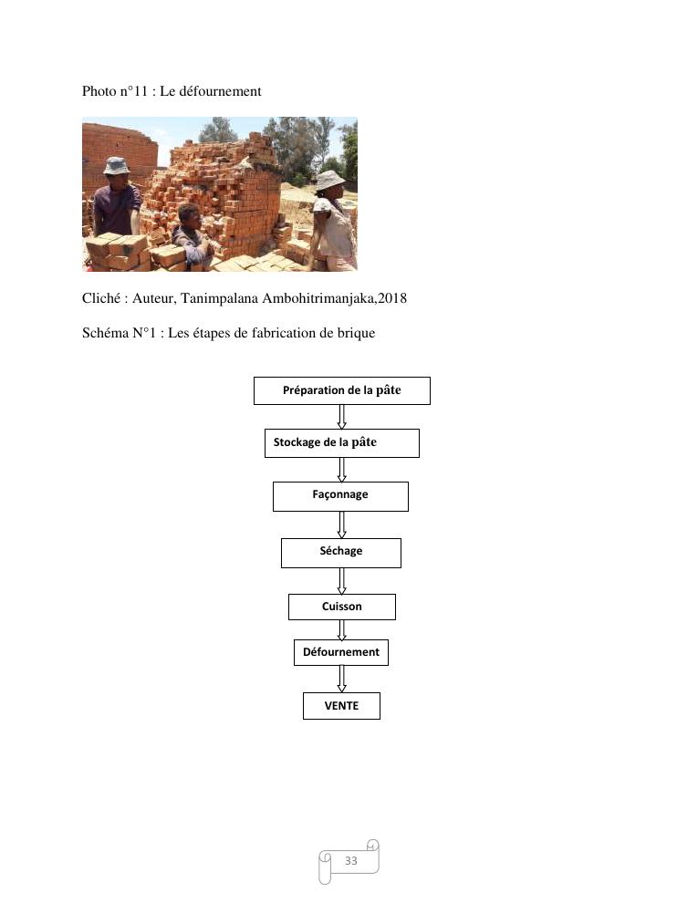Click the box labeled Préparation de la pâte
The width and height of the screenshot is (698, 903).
click(x=341, y=390)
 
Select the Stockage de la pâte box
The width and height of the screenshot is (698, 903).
click(x=341, y=443)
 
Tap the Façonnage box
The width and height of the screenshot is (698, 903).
click(x=340, y=496)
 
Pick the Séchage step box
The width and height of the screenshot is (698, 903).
click(x=340, y=553)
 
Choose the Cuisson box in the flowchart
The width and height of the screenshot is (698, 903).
click(x=341, y=607)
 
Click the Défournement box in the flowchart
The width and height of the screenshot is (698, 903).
click(x=340, y=652)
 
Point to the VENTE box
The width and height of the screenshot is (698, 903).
click(x=341, y=706)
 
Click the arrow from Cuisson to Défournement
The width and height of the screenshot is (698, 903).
click(x=341, y=629)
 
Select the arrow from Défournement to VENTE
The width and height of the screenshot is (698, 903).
click(x=341, y=679)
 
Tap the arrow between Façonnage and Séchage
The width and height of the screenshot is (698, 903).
click(x=341, y=524)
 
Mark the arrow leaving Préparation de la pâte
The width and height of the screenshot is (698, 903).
click(x=341, y=416)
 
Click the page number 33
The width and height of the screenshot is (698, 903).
click(x=350, y=861)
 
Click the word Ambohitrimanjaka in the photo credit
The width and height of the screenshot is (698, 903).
click(x=318, y=298)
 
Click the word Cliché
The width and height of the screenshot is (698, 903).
click(x=102, y=298)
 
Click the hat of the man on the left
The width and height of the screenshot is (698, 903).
click(x=116, y=166)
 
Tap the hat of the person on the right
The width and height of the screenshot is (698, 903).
click(x=329, y=178)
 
